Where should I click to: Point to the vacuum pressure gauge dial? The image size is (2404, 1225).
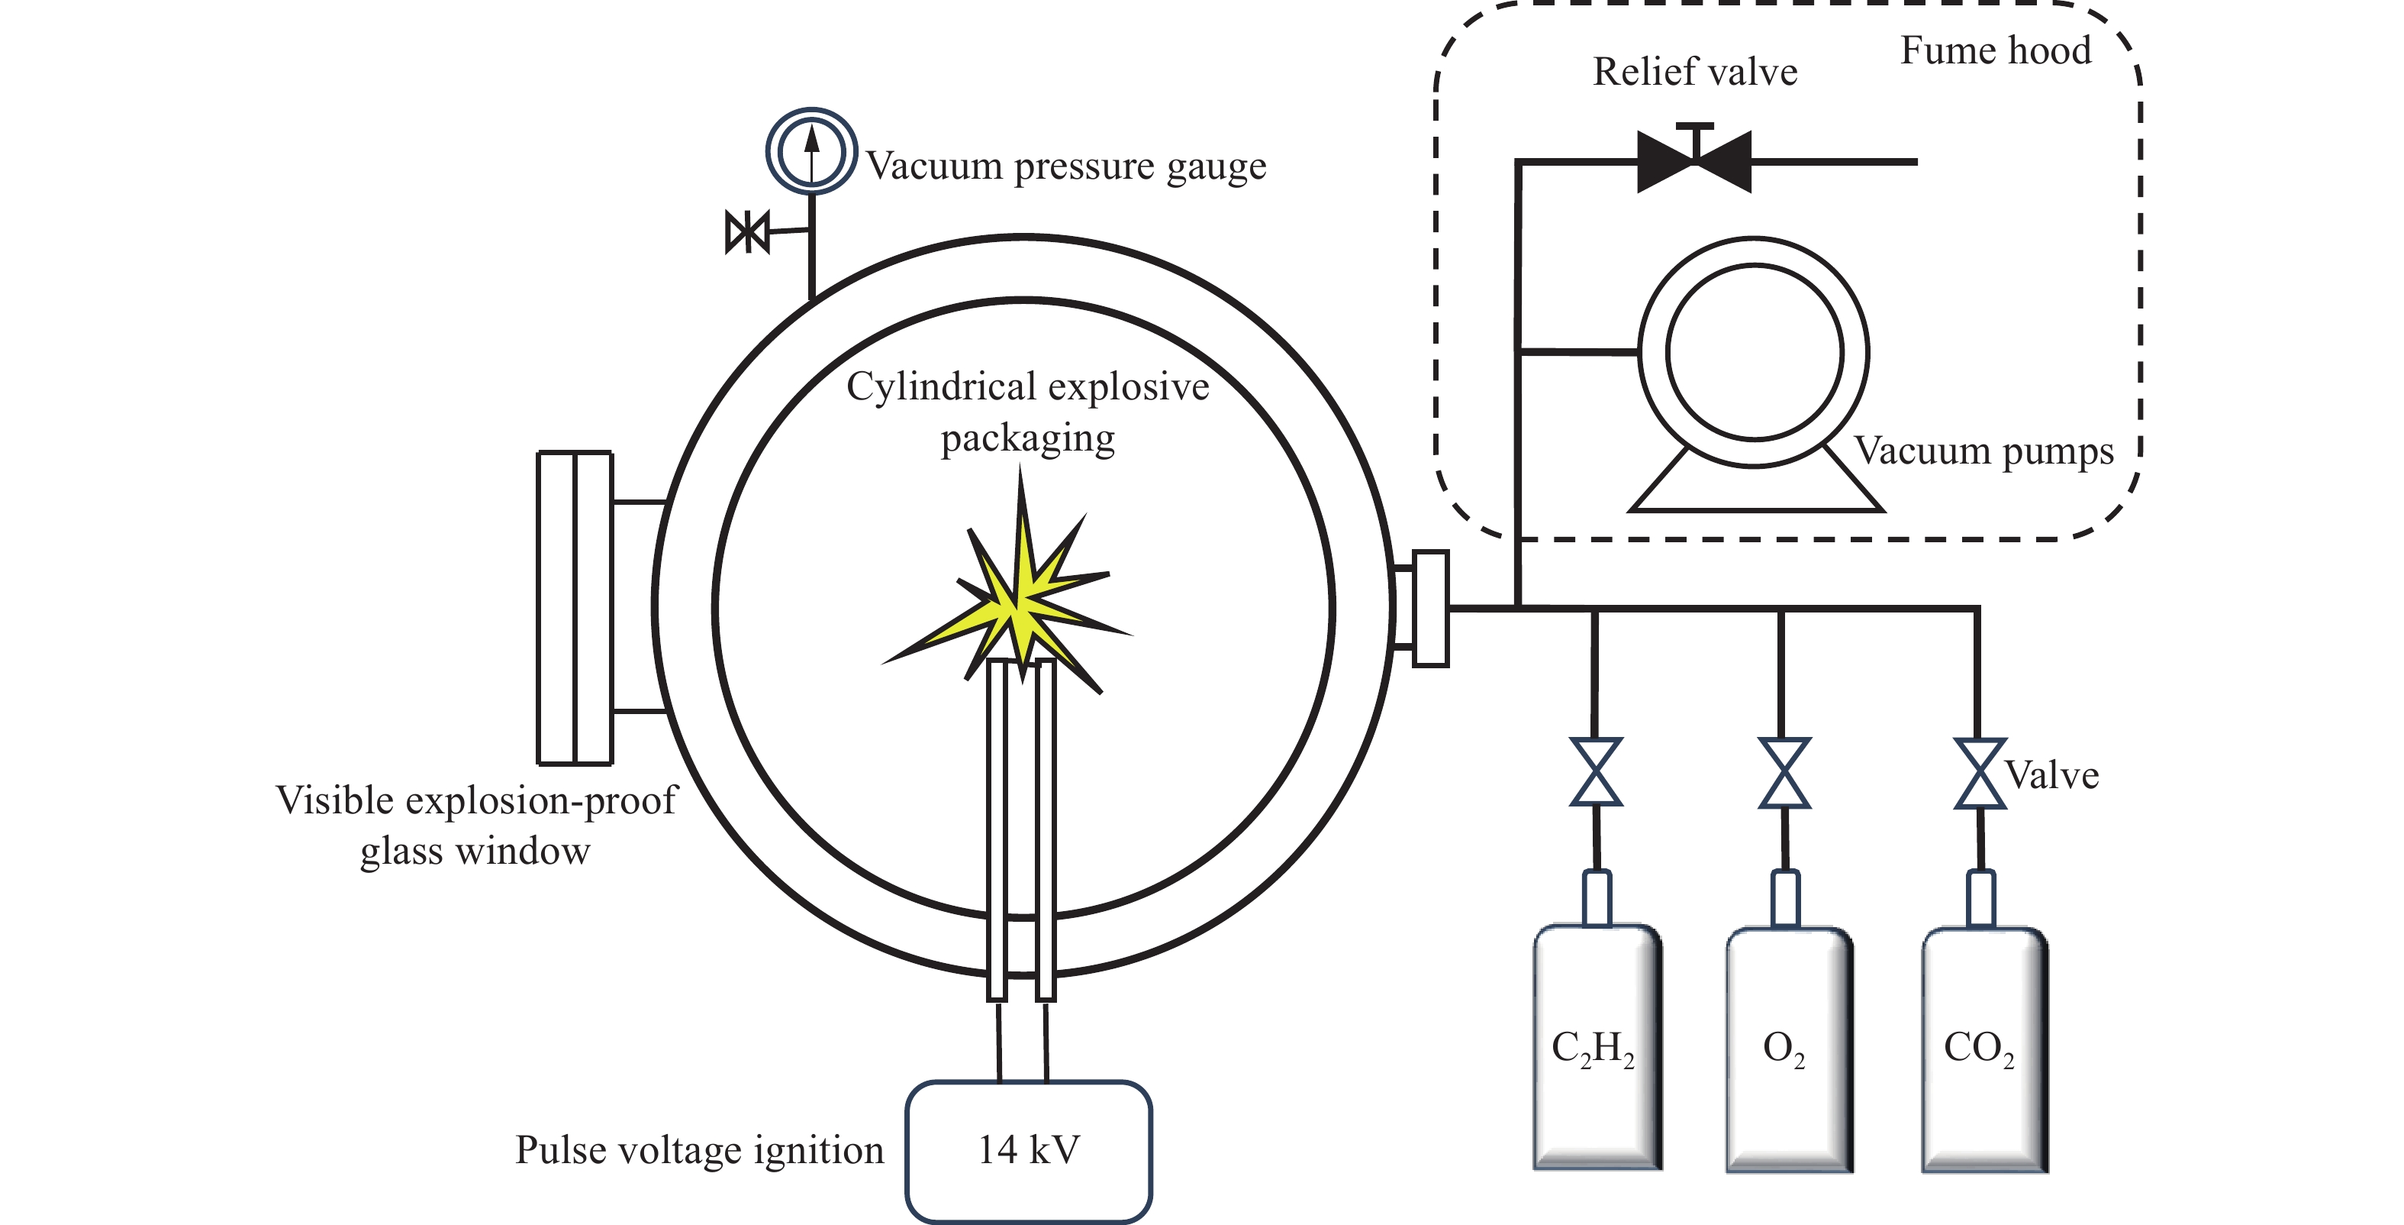coord(811,151)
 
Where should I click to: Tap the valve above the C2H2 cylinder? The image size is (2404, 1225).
coord(1596,772)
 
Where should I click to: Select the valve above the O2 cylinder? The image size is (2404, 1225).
coord(1784,772)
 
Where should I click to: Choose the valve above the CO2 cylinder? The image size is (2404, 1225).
coord(1980,773)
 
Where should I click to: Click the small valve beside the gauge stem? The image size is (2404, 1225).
coord(746,231)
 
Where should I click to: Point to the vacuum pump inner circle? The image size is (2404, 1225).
coord(1755,352)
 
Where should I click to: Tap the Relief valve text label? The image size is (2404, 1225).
coord(1695,72)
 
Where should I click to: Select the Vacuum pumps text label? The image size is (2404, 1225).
coord(1983,451)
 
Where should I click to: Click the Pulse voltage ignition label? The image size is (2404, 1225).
coord(699,1150)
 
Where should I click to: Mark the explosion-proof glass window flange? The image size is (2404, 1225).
coord(575,608)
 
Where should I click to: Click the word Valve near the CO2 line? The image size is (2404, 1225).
coord(2051,775)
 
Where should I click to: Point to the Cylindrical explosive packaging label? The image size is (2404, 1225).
coord(1027,412)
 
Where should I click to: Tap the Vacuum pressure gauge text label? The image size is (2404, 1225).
coord(1065,166)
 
